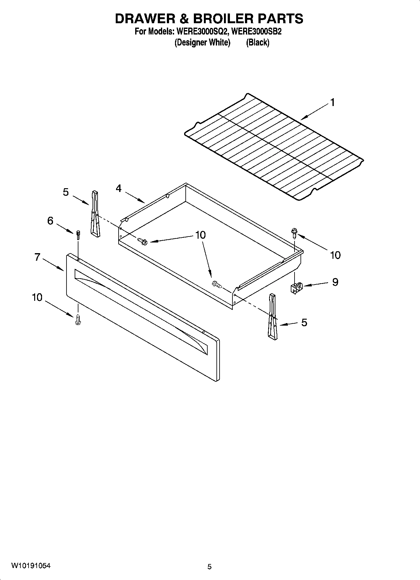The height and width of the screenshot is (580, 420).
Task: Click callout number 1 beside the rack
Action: (x=332, y=103)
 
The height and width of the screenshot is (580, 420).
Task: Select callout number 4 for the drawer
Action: (x=119, y=189)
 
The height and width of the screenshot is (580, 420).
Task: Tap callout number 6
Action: (x=50, y=221)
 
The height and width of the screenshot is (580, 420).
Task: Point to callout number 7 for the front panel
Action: (x=37, y=257)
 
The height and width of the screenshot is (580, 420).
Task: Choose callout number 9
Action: (x=335, y=282)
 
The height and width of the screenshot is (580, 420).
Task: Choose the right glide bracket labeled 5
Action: (x=272, y=317)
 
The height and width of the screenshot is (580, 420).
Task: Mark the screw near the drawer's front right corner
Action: (x=216, y=285)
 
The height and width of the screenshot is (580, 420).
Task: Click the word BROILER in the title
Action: (x=223, y=19)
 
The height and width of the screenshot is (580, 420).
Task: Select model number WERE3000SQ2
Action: (x=202, y=32)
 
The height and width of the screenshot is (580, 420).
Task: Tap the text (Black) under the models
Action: (x=258, y=42)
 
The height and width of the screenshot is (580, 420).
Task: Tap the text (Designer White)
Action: (x=202, y=42)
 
